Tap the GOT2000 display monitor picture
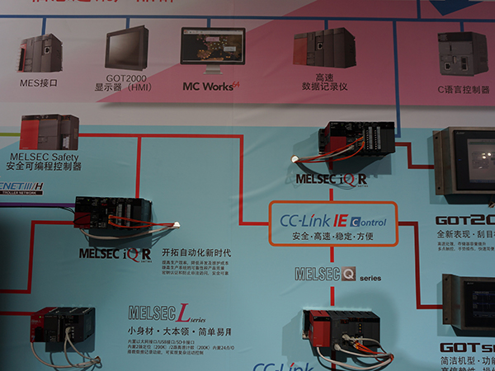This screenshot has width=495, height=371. pyautogui.click(x=128, y=49)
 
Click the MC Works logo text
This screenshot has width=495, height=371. pyautogui.click(x=211, y=85)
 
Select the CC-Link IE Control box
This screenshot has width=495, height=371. pyautogui.click(x=333, y=224)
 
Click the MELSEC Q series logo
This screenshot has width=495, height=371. pyautogui.click(x=338, y=275)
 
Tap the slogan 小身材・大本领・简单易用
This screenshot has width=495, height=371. pyautogui.click(x=180, y=331)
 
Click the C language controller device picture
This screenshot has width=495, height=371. pyautogui.click(x=462, y=54)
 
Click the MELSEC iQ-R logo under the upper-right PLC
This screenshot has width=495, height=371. pyautogui.click(x=331, y=178)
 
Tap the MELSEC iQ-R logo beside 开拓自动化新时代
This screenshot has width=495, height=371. pyautogui.click(x=115, y=253)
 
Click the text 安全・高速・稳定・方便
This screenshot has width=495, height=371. pyautogui.click(x=332, y=237)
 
